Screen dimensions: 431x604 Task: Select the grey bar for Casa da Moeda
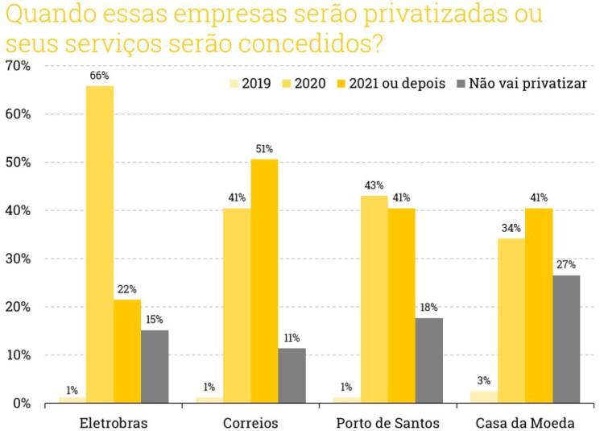coord(565,338)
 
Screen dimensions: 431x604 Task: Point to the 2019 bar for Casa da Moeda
coord(483,396)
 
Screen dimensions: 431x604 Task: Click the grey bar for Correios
coord(292,375)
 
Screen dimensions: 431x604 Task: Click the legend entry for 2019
coord(250,83)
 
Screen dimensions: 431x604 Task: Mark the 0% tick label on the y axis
coord(20,403)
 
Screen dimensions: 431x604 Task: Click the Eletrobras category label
coord(114,423)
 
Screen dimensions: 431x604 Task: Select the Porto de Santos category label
coord(387,423)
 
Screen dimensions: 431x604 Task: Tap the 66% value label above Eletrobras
coord(100,76)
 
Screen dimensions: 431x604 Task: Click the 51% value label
coord(264,149)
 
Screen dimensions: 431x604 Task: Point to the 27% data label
coord(565,265)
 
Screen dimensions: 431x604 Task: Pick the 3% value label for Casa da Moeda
coord(483,381)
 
